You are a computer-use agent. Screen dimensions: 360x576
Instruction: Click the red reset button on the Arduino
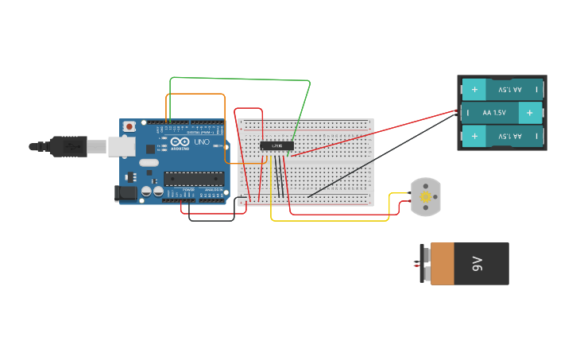129,127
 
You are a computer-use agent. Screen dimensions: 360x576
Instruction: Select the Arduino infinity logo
176,142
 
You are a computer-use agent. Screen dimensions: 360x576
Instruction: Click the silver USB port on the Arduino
120,145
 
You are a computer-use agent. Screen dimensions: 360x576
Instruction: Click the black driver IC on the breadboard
276,145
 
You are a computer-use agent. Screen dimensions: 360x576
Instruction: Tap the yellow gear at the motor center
425,196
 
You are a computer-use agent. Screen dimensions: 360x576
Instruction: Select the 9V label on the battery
477,264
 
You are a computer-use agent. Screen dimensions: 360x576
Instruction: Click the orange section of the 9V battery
443,264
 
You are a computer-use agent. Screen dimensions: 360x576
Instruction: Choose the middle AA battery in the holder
502,113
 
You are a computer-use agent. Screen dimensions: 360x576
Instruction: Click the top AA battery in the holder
502,90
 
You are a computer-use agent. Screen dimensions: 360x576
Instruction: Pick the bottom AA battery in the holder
502,137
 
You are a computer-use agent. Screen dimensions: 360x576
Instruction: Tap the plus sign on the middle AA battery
529,113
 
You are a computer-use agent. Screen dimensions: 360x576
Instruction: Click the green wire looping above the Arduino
238,79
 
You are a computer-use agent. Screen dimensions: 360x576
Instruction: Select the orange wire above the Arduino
195,94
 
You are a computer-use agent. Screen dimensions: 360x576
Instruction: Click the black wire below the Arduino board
211,220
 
